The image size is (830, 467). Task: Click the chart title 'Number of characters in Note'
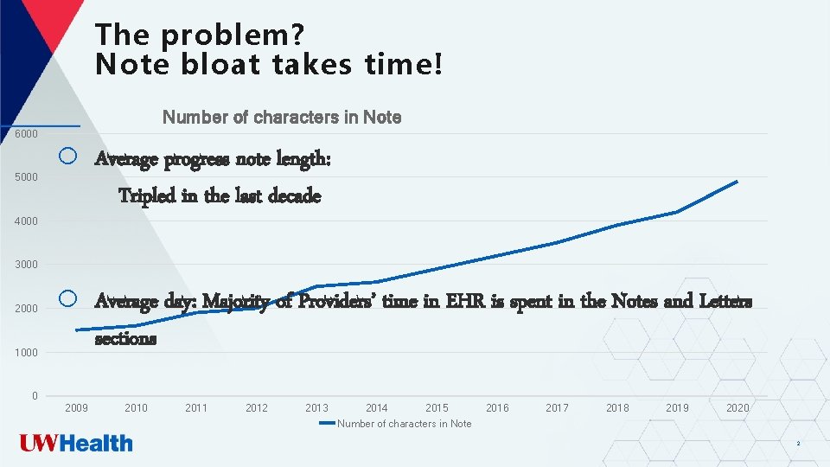point(282,117)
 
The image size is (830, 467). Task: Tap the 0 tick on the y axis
point(34,396)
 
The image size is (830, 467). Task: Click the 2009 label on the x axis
point(76,408)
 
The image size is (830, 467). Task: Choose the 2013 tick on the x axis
point(316,408)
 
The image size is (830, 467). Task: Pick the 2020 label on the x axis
point(737,408)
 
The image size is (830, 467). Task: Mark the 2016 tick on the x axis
point(497,408)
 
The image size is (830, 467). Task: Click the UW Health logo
point(77,444)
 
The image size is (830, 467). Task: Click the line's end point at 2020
point(737,182)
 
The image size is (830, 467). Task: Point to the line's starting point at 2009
point(76,330)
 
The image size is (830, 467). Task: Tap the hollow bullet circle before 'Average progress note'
point(68,157)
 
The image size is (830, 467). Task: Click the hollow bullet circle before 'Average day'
point(68,300)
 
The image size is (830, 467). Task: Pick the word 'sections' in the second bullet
point(125,338)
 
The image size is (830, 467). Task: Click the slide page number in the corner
point(797,444)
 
